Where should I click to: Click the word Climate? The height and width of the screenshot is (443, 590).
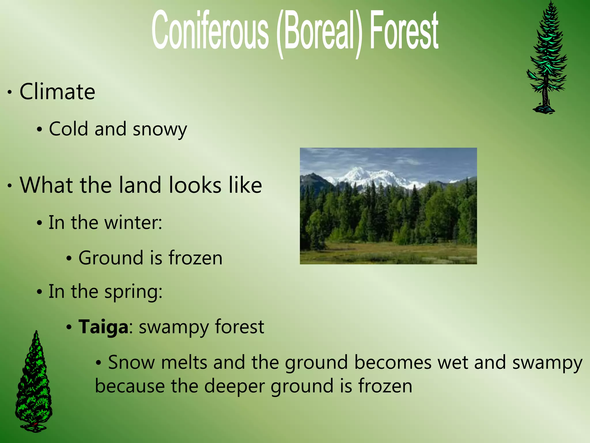click(57, 92)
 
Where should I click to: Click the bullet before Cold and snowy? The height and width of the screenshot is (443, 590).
click(40, 129)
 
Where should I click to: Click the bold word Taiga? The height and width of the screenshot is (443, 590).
click(103, 327)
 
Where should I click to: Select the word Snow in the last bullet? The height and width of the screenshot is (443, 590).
click(132, 363)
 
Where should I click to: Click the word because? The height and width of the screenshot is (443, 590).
click(130, 386)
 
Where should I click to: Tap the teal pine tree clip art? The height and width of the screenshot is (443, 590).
click(546, 52)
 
